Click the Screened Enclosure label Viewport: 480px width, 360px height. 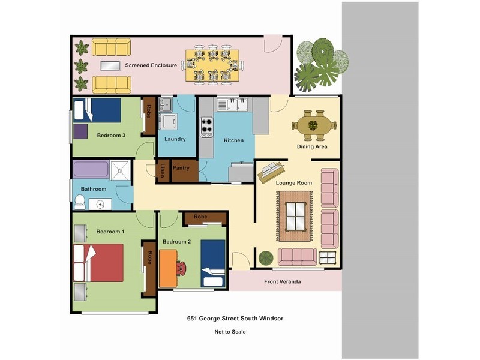(x=151, y=65)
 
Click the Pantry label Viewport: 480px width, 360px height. (x=181, y=168)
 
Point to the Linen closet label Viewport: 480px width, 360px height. (x=163, y=170)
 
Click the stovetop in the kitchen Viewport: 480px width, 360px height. (x=206, y=127)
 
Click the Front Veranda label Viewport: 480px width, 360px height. (x=282, y=281)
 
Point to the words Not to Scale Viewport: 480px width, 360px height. (x=230, y=331)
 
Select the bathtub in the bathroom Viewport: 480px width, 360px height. (x=91, y=169)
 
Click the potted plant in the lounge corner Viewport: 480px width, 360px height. (x=266, y=258)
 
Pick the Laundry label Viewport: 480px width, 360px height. (x=175, y=139)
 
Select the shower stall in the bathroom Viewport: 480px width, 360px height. (x=121, y=169)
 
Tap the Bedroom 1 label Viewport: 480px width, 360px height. (x=110, y=231)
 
